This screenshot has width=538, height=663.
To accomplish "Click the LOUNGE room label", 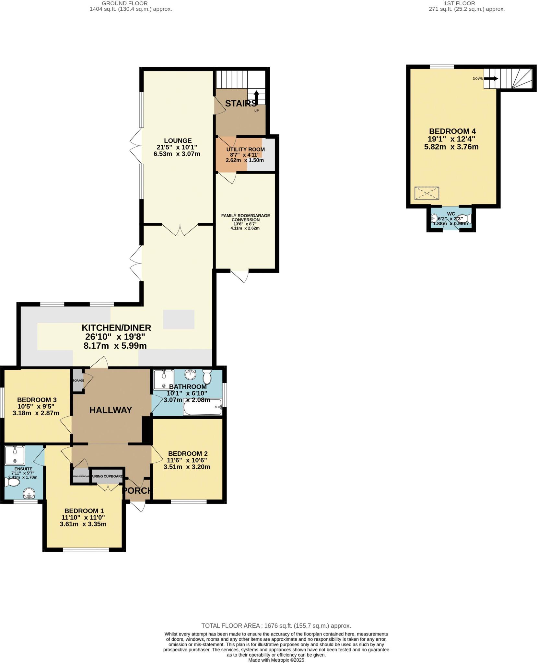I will point(178,141).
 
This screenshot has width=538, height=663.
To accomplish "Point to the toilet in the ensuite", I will point(12,483).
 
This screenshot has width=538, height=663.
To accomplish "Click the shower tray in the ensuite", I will point(15,455).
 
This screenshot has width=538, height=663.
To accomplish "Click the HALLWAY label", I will point(111,410).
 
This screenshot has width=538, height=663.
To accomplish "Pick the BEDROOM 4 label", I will point(452,131).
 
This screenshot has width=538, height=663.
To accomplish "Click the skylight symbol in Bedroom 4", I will point(427,193).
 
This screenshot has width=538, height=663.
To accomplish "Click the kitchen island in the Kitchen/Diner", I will point(179,319).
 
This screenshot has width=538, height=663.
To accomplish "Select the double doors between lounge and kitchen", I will point(180,230).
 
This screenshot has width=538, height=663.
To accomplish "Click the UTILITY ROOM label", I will point(245,149).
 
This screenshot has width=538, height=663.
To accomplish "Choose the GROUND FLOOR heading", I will point(125,3).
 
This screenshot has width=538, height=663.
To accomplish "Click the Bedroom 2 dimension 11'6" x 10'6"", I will point(187,460).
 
